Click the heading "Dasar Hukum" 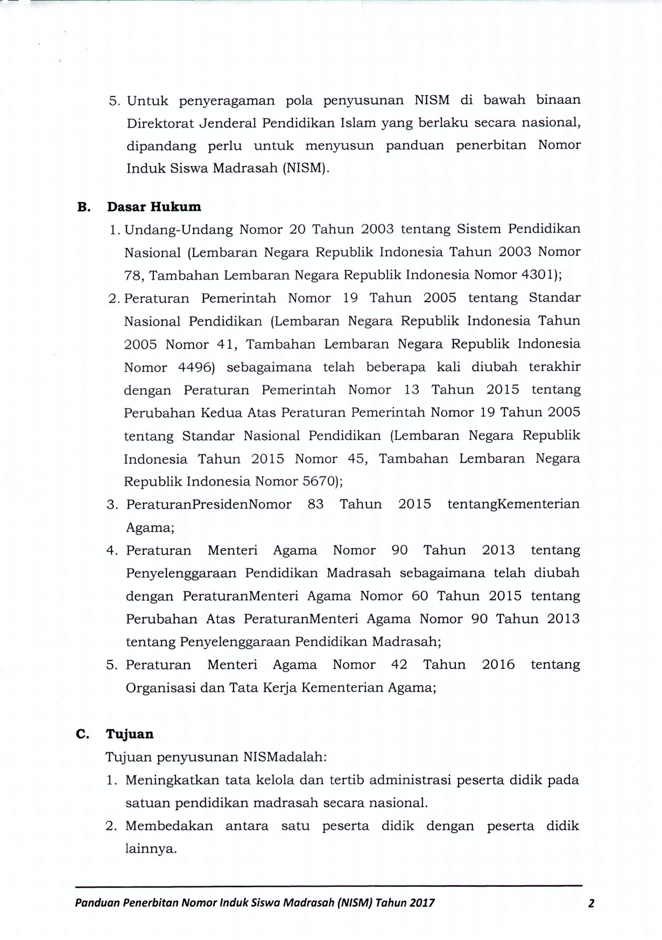pyautogui.click(x=154, y=207)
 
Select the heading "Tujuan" pyautogui.click(x=130, y=734)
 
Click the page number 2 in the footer pyautogui.click(x=591, y=903)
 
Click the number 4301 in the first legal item pyautogui.click(x=539, y=275)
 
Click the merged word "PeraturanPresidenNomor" pyautogui.click(x=209, y=504)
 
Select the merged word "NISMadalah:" pyautogui.click(x=285, y=757)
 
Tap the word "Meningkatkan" pyautogui.click(x=171, y=780)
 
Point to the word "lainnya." pyautogui.click(x=151, y=849)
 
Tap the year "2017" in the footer pyautogui.click(x=422, y=903)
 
